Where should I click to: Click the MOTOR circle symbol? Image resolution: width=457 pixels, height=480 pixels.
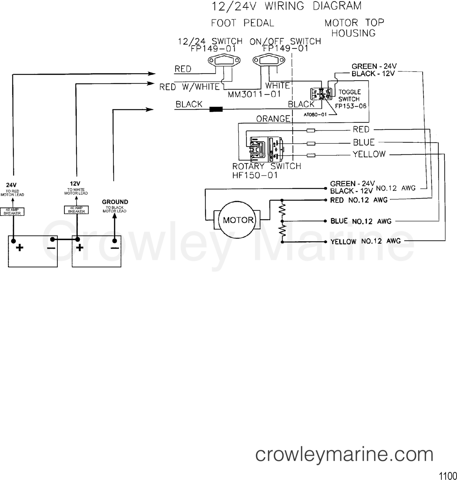(x=238, y=220)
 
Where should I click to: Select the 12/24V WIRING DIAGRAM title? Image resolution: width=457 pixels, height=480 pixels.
(x=286, y=6)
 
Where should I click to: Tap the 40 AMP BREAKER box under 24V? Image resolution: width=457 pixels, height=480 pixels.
(x=13, y=212)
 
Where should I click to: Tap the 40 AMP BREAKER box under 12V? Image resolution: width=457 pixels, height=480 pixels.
(x=76, y=210)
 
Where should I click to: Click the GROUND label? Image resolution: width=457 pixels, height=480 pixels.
(x=115, y=202)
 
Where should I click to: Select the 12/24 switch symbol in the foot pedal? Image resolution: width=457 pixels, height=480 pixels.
(x=224, y=61)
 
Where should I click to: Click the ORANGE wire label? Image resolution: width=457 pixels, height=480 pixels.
(x=273, y=119)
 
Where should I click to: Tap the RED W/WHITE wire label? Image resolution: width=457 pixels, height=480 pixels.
(x=189, y=87)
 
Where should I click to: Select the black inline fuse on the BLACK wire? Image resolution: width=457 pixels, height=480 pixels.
(x=216, y=109)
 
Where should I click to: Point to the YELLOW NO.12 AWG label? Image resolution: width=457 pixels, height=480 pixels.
(x=365, y=241)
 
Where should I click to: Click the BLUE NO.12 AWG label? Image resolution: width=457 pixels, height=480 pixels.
(x=361, y=221)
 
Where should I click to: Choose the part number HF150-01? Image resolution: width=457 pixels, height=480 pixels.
(x=255, y=175)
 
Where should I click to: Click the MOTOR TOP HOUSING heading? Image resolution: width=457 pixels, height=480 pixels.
(x=354, y=28)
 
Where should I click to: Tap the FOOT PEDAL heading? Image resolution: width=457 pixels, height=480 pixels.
(x=242, y=23)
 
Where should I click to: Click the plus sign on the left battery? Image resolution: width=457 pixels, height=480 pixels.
(x=20, y=248)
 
